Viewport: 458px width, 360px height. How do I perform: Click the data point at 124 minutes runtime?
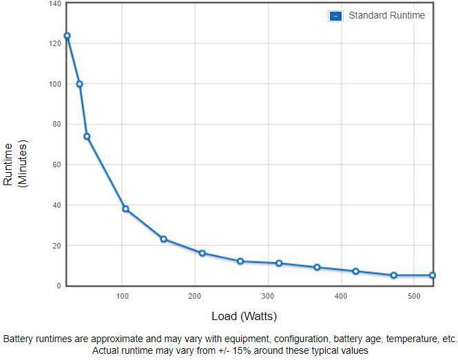point(67,36)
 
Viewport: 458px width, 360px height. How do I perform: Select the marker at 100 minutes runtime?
point(79,84)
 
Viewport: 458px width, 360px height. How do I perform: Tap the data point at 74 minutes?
point(87,136)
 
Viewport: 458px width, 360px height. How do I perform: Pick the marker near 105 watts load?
point(125,209)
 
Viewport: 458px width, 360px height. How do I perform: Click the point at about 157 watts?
point(163,239)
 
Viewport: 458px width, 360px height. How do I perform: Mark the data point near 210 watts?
point(202,253)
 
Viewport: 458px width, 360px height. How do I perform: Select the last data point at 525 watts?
point(433,275)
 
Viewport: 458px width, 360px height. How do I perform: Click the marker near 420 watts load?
point(356,271)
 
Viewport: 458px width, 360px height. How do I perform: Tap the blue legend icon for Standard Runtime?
point(335,16)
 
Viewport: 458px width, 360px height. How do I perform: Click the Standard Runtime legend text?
point(386,15)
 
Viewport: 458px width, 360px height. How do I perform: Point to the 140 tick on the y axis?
point(54,4)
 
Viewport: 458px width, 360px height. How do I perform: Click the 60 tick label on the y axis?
point(56,165)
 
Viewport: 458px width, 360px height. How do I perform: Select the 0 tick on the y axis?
point(59,286)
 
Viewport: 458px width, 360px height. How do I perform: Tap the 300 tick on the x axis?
point(267,297)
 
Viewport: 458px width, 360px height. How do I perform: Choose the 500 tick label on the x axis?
point(413,297)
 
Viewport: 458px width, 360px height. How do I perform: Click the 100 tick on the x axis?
point(122,297)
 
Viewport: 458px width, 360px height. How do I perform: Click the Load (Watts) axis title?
point(244,317)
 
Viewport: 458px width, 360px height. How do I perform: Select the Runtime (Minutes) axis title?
point(14,165)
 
